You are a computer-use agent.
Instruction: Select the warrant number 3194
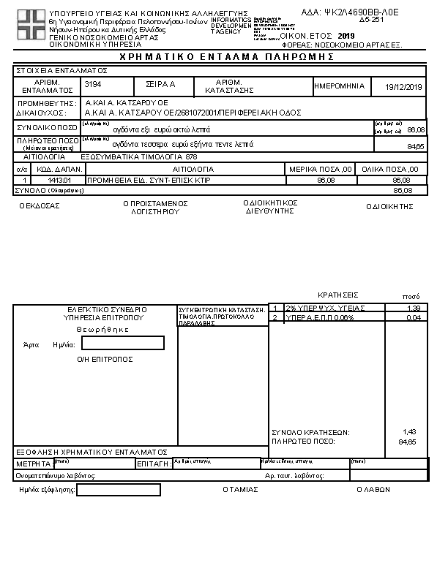coord(93,86)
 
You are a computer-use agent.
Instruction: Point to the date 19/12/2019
coord(404,87)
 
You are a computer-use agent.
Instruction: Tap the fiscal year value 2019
coord(347,35)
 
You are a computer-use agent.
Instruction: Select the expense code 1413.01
coord(57,179)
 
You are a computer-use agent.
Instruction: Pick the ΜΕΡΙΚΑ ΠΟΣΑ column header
coord(321,169)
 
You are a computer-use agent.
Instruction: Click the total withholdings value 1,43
coord(410,432)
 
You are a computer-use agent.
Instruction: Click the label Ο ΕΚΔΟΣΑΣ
coord(40,205)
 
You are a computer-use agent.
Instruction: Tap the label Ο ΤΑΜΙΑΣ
coord(240,490)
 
